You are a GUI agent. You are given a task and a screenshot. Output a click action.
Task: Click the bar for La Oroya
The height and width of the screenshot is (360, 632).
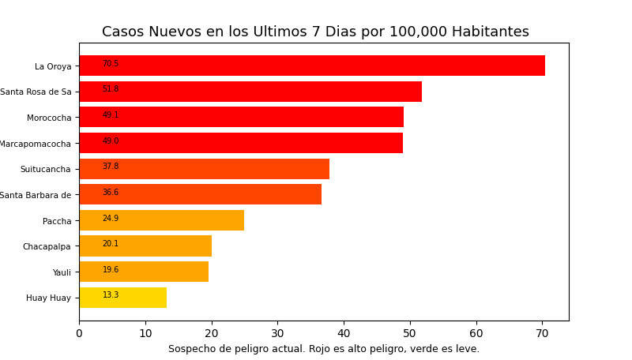tap(312, 66)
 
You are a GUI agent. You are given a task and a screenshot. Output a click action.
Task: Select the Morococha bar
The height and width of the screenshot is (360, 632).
tap(241, 117)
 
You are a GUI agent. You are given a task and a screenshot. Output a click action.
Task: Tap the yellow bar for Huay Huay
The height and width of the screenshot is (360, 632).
tap(122, 298)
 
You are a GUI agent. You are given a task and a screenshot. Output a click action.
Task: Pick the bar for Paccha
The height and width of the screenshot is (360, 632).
tap(161, 220)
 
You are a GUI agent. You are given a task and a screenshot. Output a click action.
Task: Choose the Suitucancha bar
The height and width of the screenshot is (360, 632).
tap(204, 169)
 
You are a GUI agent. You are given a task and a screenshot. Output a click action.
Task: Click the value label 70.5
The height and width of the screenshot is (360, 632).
tap(111, 64)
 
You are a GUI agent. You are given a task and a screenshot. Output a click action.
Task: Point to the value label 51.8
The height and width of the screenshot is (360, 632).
tap(111, 89)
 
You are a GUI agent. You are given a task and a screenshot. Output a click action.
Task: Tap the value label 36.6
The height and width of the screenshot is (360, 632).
tap(111, 193)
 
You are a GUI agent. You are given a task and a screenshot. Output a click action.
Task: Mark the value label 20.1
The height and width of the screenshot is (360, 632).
tap(111, 244)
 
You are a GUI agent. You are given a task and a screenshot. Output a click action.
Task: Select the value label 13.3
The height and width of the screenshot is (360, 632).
tap(111, 295)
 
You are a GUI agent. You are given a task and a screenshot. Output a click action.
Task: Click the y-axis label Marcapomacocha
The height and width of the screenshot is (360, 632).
tap(35, 144)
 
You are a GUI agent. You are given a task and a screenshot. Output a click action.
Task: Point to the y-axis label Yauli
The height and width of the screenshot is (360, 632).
tap(62, 272)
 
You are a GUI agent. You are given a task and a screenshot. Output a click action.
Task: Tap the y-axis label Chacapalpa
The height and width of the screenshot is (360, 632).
tap(47, 246)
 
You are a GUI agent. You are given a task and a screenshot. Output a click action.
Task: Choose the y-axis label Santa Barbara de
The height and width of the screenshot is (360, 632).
tap(35, 195)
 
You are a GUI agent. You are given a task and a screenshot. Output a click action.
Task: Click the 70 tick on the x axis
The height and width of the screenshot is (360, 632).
tap(542, 334)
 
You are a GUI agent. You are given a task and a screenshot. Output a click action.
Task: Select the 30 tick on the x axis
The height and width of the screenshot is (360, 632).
tap(277, 334)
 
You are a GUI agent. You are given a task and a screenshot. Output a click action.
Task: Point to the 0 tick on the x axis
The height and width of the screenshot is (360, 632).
tap(79, 334)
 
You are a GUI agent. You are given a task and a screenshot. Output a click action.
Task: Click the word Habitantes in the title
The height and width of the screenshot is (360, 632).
tap(490, 32)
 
